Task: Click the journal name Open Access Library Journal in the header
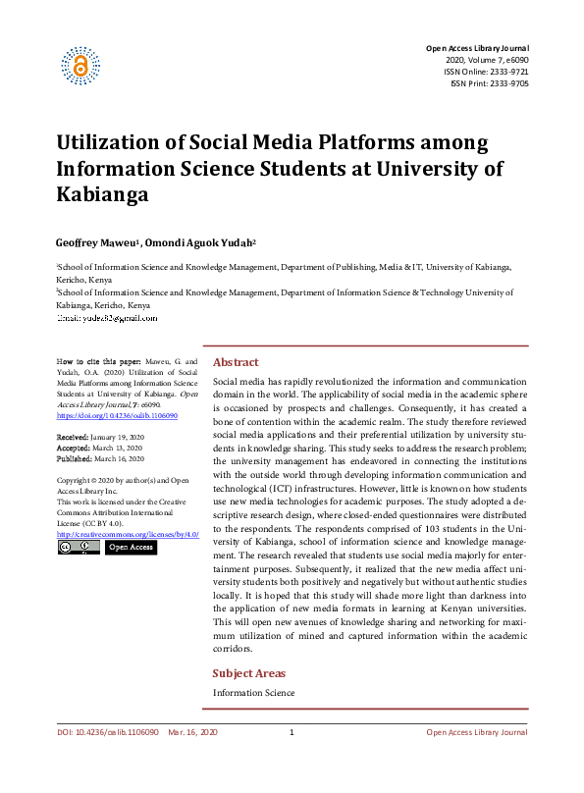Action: tap(476, 48)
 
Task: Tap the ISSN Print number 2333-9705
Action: tap(507, 84)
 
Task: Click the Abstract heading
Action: tap(236, 362)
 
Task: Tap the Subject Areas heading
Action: tap(249, 673)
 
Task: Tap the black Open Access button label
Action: tap(131, 547)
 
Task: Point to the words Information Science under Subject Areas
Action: tap(253, 694)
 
